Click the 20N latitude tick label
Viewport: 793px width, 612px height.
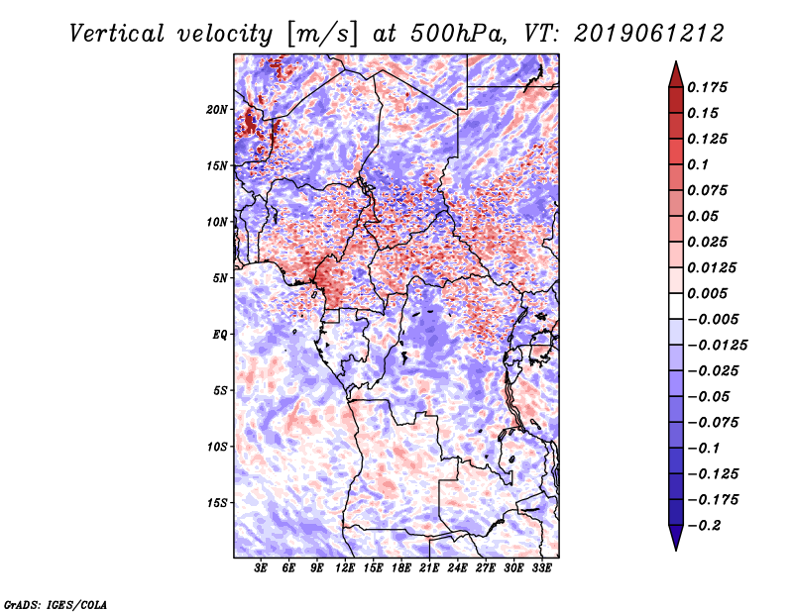(217, 109)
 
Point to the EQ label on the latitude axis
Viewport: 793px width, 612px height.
(220, 334)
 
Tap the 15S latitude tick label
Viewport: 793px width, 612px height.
(217, 502)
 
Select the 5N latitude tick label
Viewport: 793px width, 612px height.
(220, 278)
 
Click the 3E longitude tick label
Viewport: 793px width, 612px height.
(262, 567)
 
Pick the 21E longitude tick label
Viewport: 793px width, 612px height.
(428, 567)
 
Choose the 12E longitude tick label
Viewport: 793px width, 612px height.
(345, 567)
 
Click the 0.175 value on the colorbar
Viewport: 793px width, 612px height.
(711, 87)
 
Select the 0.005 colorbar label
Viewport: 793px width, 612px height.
(711, 293)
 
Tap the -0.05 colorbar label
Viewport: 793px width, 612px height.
(714, 396)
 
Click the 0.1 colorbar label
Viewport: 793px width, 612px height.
(702, 164)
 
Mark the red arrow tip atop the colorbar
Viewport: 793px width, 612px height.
(675, 69)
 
